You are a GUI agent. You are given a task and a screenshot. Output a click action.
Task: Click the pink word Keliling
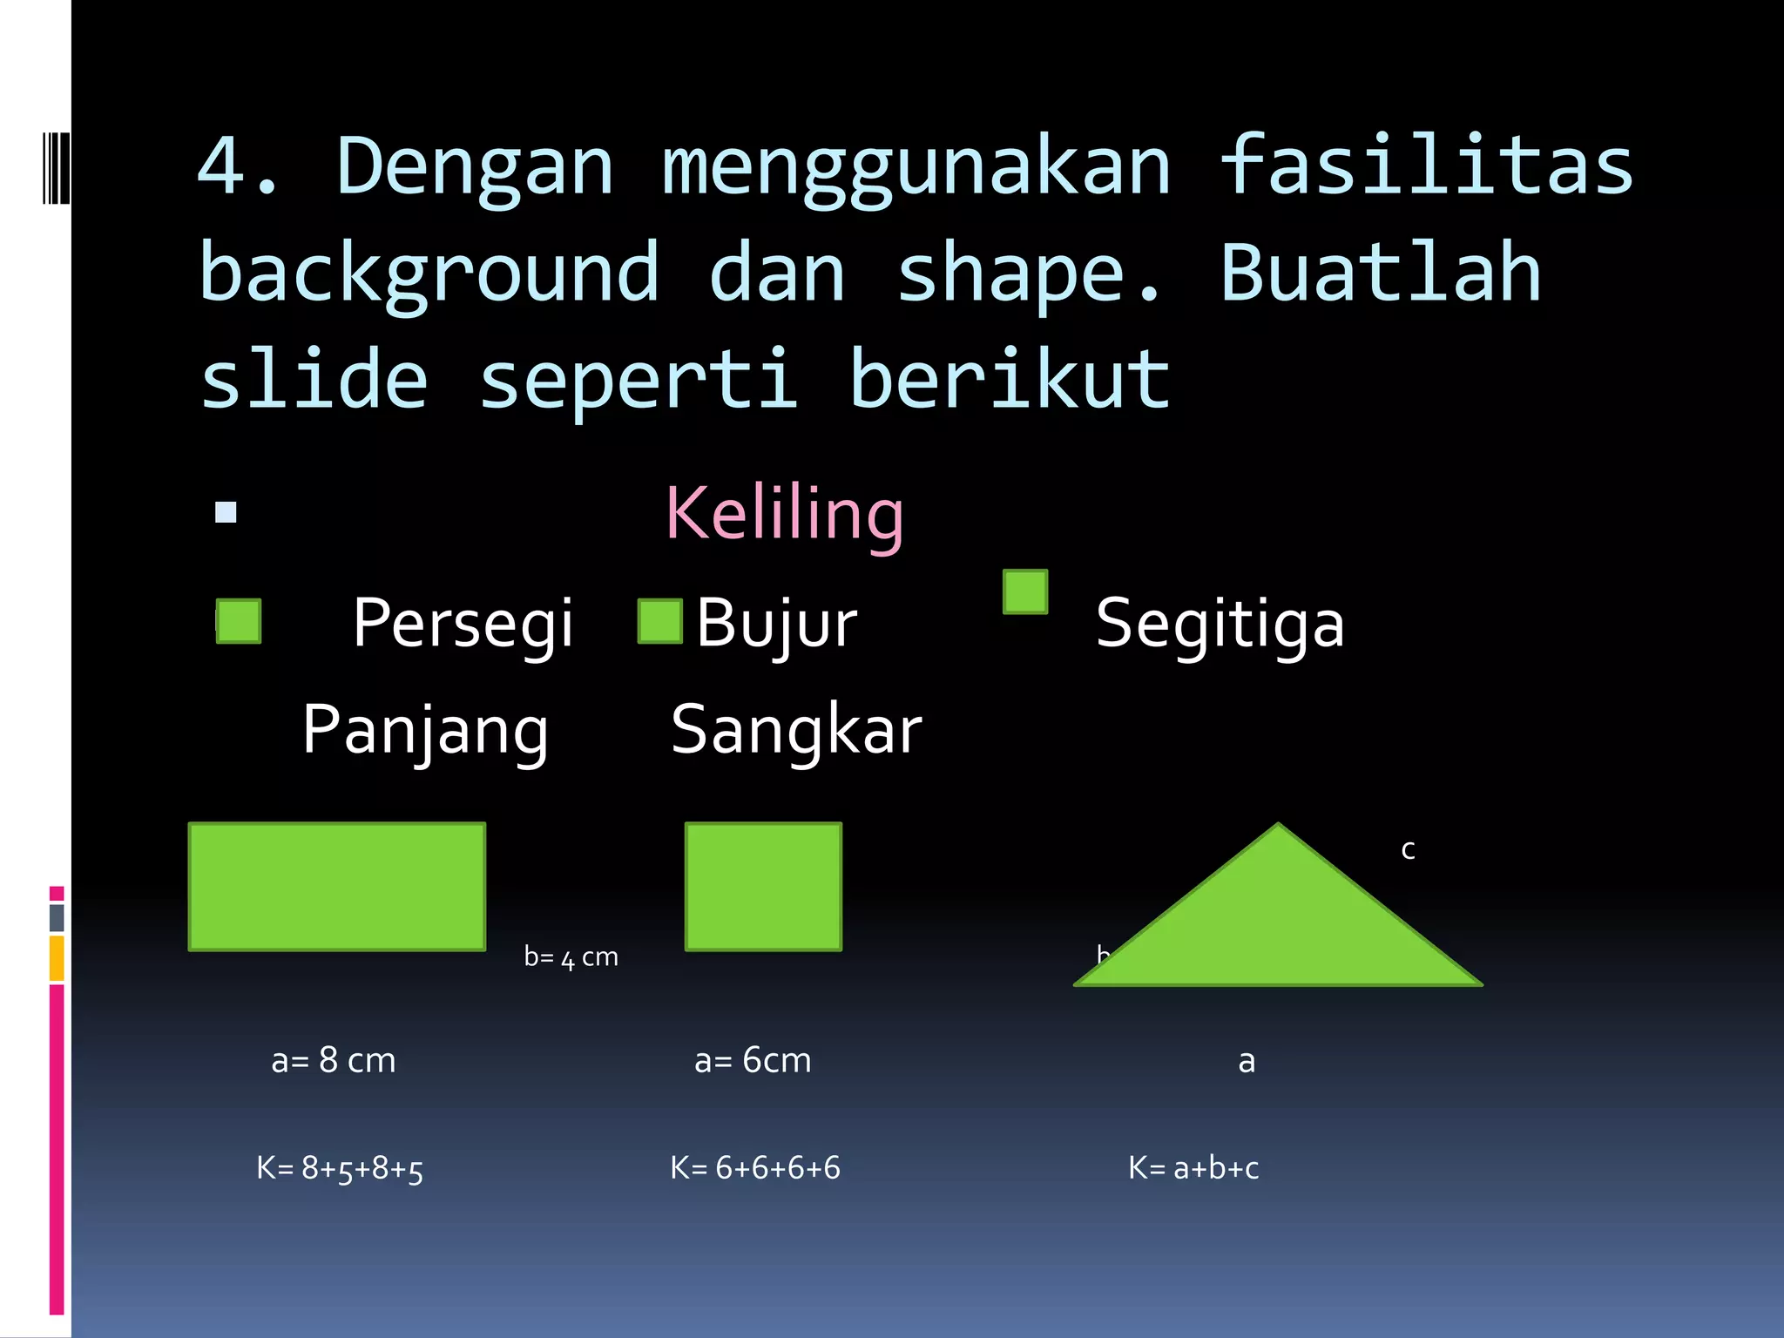click(x=784, y=514)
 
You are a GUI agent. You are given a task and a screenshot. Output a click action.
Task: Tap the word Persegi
click(x=463, y=624)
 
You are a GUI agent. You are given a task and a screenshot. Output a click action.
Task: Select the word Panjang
click(x=425, y=730)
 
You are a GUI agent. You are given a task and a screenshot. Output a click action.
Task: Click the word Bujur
click(x=776, y=624)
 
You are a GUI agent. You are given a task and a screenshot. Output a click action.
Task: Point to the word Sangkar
click(x=796, y=730)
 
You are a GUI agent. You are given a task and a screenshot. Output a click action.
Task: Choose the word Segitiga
click(x=1220, y=624)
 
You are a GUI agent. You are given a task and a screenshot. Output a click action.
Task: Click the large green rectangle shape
click(x=337, y=886)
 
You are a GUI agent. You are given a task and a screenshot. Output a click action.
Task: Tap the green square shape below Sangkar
click(x=763, y=886)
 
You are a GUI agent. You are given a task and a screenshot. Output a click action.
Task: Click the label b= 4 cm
click(x=571, y=957)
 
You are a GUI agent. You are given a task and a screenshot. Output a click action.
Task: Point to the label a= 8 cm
click(x=334, y=1060)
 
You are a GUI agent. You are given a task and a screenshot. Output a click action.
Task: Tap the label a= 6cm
click(x=753, y=1060)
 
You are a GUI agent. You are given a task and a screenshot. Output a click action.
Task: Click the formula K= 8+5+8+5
click(x=340, y=1168)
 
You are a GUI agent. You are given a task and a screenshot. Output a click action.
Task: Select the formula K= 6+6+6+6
click(x=755, y=1168)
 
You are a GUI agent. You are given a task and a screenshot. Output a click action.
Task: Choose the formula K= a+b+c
click(x=1193, y=1168)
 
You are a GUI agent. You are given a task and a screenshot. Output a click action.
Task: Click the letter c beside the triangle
click(x=1408, y=849)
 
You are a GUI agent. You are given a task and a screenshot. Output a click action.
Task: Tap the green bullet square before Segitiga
click(x=1025, y=592)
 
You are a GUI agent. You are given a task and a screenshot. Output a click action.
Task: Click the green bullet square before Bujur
click(x=659, y=621)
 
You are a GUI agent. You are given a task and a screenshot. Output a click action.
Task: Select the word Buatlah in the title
click(x=1381, y=273)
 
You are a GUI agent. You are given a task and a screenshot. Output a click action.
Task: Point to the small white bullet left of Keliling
click(x=226, y=512)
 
